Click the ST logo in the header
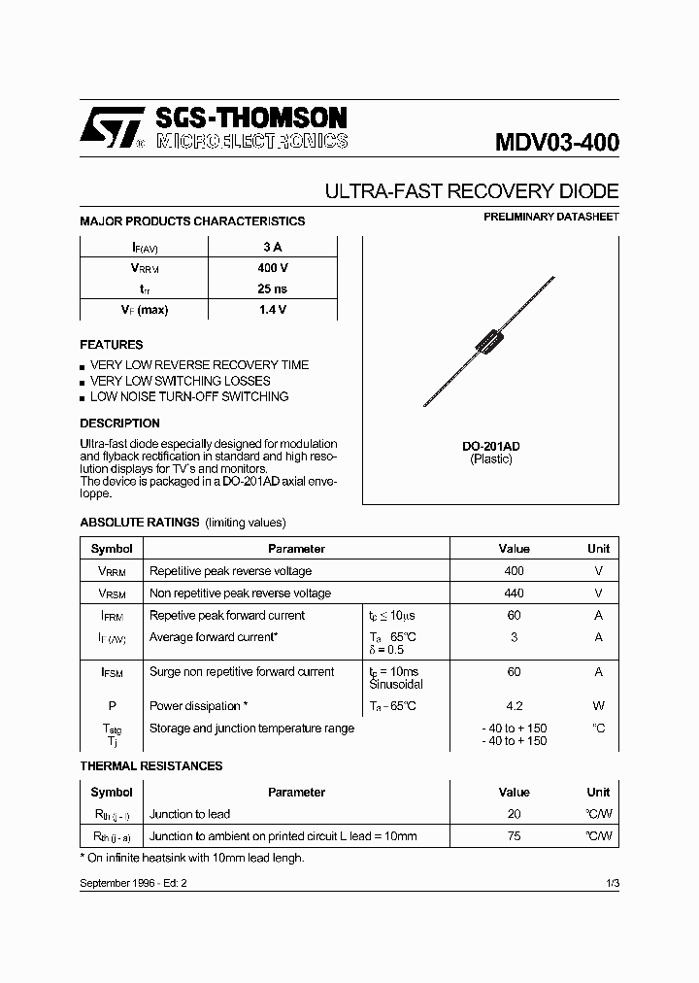[112, 128]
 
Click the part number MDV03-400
[556, 142]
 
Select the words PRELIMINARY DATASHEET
[550, 217]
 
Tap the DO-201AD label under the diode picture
[490, 446]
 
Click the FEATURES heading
[111, 345]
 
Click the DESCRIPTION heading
[119, 424]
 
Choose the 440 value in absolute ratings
[514, 593]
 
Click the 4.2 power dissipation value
[514, 706]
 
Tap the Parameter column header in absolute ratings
[296, 549]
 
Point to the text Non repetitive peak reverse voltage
[240, 593]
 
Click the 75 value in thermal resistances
[514, 836]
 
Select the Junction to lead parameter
[189, 814]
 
